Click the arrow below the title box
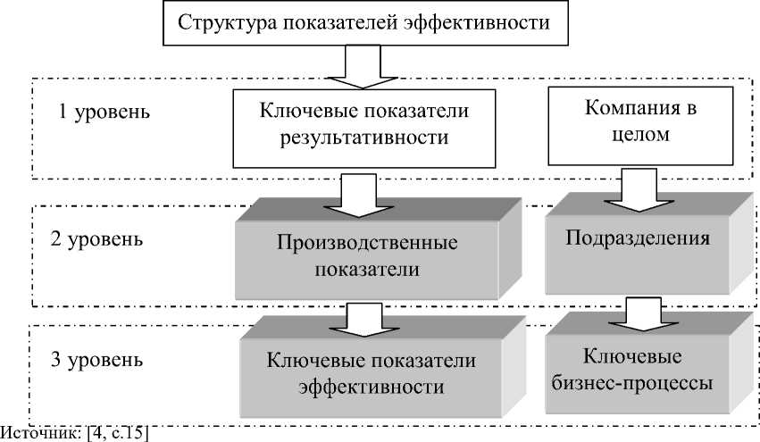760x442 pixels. coord(364,67)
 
